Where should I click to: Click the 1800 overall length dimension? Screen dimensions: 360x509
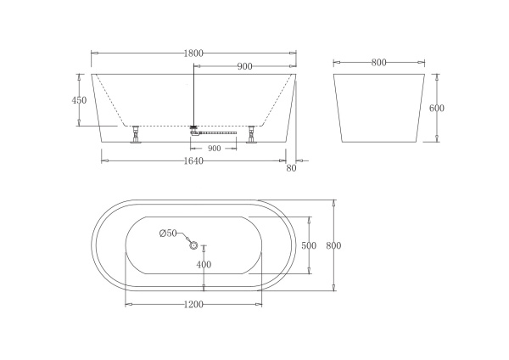[193, 53]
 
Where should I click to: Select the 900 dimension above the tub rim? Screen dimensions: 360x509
[244, 66]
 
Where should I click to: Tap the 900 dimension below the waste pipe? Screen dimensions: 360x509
[214, 149]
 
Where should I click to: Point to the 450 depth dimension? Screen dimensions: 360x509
[79, 99]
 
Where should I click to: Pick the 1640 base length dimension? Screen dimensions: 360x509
[193, 161]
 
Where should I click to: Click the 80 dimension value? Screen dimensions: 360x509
[292, 168]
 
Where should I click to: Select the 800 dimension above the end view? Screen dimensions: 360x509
[378, 63]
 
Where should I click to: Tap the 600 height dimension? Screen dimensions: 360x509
[437, 108]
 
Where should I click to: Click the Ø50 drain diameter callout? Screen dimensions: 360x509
[167, 233]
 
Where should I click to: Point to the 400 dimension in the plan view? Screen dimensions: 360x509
[204, 264]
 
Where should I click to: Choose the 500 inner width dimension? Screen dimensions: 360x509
[309, 245]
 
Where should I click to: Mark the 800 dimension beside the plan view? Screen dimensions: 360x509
[333, 245]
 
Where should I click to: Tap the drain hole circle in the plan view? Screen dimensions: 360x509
[193, 246]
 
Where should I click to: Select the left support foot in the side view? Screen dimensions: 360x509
[134, 134]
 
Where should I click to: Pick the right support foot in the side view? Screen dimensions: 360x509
[251, 134]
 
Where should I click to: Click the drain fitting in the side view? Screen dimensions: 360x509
[194, 130]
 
